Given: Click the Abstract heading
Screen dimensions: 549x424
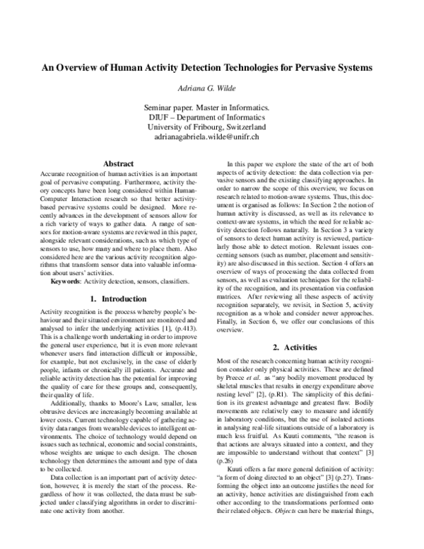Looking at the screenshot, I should (119, 163).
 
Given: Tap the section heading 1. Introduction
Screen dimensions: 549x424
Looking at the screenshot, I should (119, 279).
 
